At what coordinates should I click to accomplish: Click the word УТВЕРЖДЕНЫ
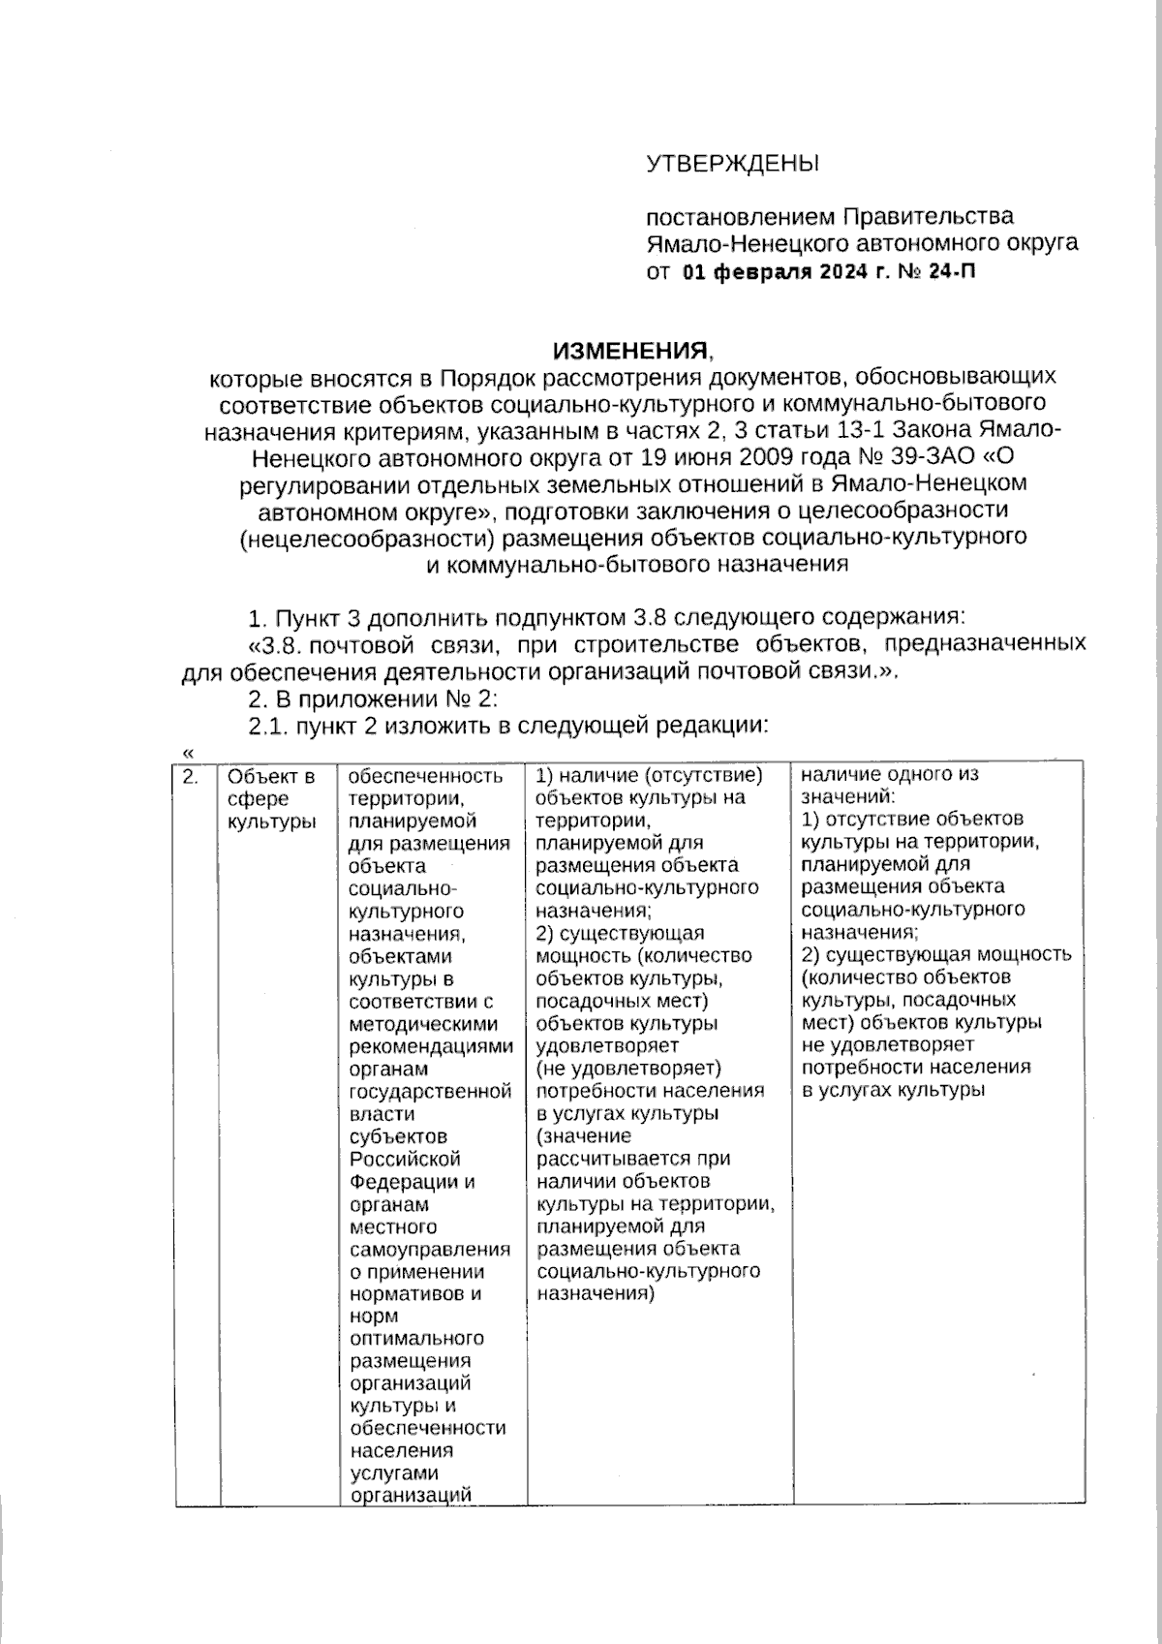pos(732,163)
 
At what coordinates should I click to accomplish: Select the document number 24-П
pos(952,271)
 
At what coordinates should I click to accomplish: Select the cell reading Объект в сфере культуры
pos(271,798)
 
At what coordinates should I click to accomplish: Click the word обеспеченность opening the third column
pos(425,776)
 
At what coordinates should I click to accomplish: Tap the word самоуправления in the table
pos(429,1250)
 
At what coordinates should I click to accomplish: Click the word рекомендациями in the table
pos(430,1047)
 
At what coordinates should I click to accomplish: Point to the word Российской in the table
pos(405,1160)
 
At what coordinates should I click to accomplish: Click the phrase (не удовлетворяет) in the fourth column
pos(628,1069)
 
